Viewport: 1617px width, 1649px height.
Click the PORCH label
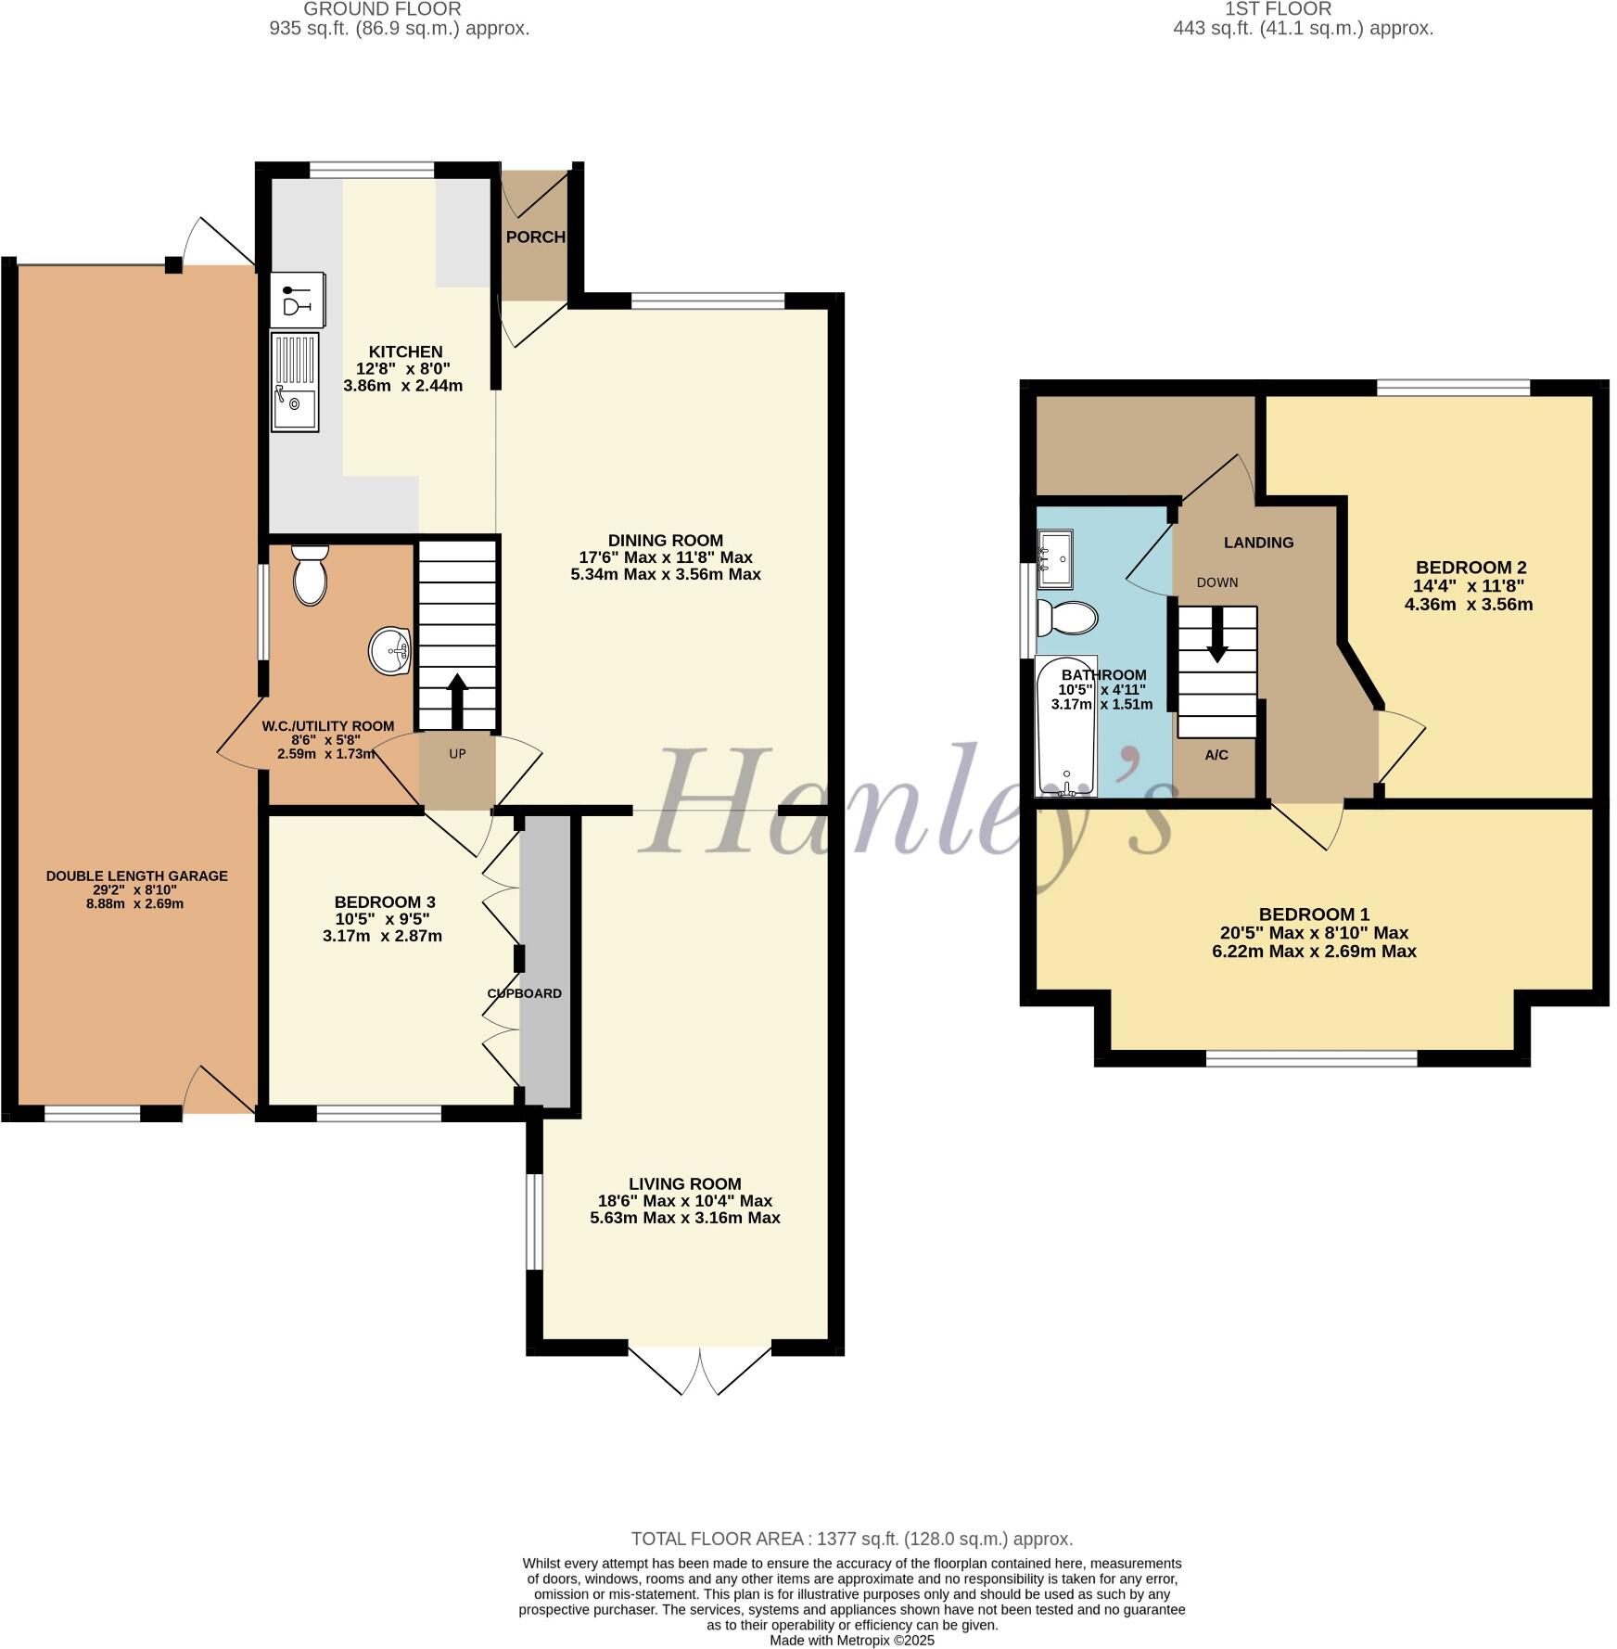tap(535, 237)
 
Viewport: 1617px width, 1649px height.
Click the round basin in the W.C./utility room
tap(390, 651)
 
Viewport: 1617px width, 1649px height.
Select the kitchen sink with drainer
tap(295, 382)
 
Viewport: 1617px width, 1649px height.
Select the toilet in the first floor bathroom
tap(1066, 617)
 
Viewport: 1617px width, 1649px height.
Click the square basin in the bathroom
tap(1054, 558)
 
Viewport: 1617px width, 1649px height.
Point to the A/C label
tap(1216, 755)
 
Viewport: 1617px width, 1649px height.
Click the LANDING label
tap(1258, 543)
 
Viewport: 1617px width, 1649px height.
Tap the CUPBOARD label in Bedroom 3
tap(525, 993)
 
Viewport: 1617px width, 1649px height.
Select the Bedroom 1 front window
tap(1311, 1058)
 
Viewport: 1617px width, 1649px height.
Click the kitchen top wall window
tap(371, 170)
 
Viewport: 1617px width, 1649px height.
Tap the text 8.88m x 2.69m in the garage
tap(134, 903)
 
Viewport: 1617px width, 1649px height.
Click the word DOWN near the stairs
tap(1216, 582)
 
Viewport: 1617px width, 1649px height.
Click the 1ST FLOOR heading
tap(1278, 9)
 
